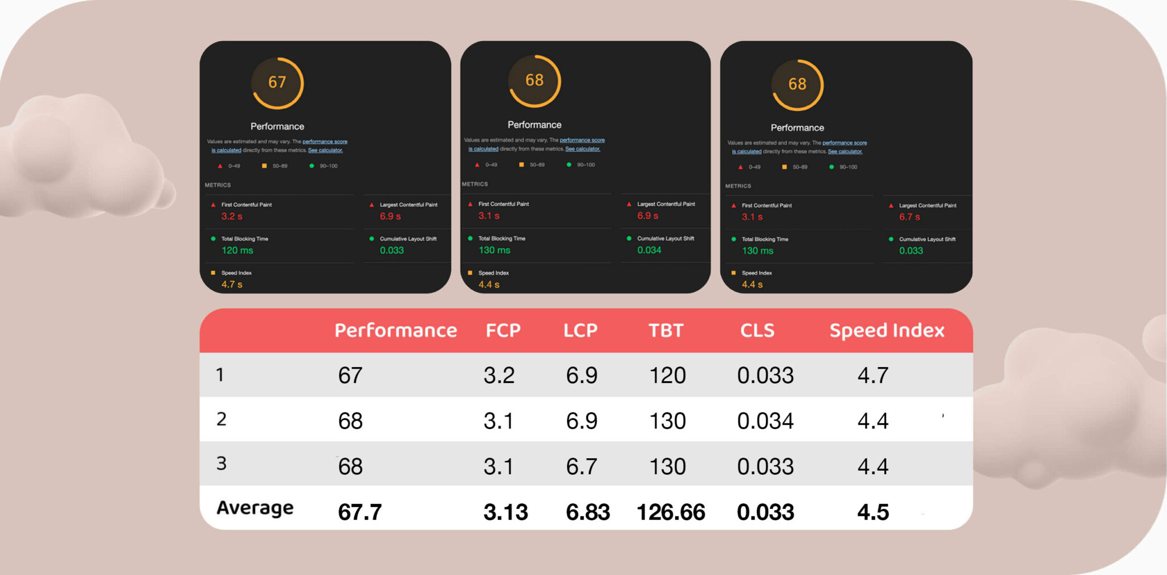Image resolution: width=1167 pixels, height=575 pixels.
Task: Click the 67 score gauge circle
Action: (278, 83)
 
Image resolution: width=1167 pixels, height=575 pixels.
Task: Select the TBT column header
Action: (666, 331)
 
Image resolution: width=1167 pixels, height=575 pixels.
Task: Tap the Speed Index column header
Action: (887, 331)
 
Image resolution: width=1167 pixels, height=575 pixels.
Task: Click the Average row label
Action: (255, 508)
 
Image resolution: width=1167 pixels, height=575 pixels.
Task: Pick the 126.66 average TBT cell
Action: (671, 512)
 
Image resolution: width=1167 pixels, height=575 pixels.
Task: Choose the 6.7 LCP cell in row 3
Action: (581, 467)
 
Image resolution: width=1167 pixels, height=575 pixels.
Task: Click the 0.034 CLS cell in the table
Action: (765, 421)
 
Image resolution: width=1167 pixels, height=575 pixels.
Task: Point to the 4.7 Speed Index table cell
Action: (872, 376)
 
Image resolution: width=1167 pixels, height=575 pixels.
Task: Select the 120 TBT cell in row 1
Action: (667, 376)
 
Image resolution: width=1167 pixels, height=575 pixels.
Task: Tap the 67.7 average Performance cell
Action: (360, 512)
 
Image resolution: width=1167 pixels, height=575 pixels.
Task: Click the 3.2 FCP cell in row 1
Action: (499, 376)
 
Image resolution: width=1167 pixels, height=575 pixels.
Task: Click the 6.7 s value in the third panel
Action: (909, 217)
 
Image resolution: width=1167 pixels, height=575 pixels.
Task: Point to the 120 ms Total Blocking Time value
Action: (237, 250)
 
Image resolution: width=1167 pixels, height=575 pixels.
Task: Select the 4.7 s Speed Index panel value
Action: (232, 284)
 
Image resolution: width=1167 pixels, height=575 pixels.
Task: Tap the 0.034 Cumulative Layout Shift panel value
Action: (649, 250)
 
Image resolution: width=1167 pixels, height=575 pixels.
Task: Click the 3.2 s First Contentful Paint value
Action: (232, 217)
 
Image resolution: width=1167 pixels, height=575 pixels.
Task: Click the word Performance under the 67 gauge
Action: (278, 127)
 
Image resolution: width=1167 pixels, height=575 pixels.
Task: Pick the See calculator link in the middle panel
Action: (582, 149)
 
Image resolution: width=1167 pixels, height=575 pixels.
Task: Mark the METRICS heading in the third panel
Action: (738, 186)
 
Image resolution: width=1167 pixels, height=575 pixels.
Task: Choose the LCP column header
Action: (580, 331)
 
